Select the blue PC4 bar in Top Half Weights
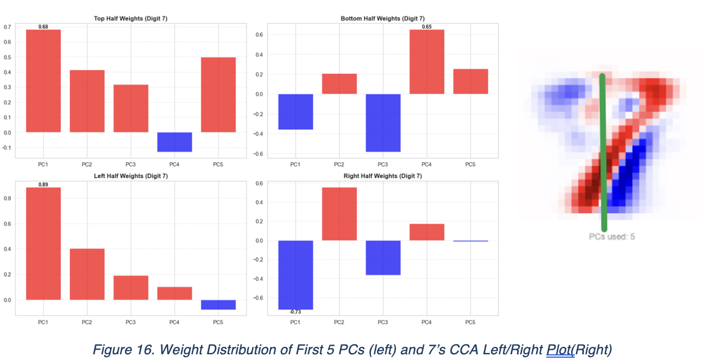[x=174, y=142]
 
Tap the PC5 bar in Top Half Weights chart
[x=218, y=95]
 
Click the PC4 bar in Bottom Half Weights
[x=427, y=62]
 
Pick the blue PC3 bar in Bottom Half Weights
[x=383, y=122]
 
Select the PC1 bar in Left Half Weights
[x=43, y=243]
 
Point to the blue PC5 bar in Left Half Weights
[x=218, y=305]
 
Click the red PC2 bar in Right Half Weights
[x=339, y=214]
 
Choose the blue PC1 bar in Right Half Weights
[x=295, y=275]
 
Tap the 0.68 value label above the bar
[x=43, y=26]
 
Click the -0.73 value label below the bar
[x=295, y=312]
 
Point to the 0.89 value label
[x=43, y=185]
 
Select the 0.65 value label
[x=427, y=26]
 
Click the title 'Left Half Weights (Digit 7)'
[x=130, y=176]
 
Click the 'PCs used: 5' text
[x=611, y=236]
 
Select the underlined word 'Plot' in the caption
[x=560, y=349]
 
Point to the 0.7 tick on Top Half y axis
[x=7, y=27]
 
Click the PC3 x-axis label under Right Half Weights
[x=383, y=323]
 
